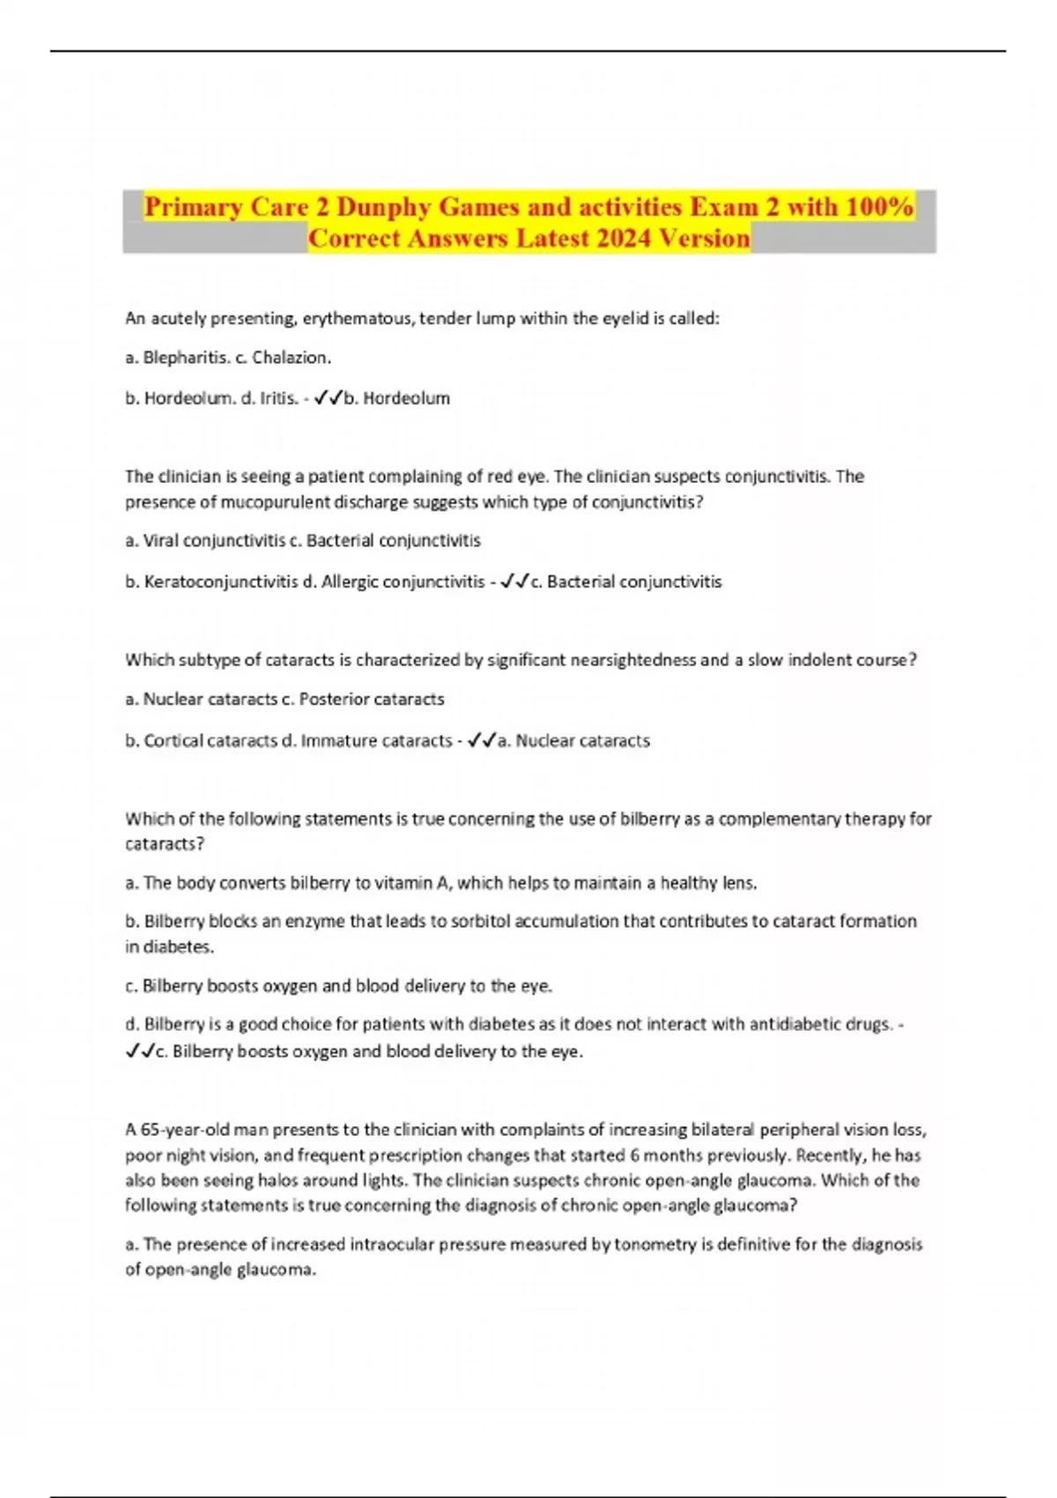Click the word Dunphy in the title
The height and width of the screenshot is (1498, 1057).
384,207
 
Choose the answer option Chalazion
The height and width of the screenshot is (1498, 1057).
291,358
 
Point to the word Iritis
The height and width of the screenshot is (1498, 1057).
276,398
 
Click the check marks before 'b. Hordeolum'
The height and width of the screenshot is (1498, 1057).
328,398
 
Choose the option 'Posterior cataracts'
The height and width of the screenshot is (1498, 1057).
372,700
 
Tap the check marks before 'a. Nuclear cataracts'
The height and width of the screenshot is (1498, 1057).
481,741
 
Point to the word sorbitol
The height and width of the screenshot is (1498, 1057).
481,922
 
